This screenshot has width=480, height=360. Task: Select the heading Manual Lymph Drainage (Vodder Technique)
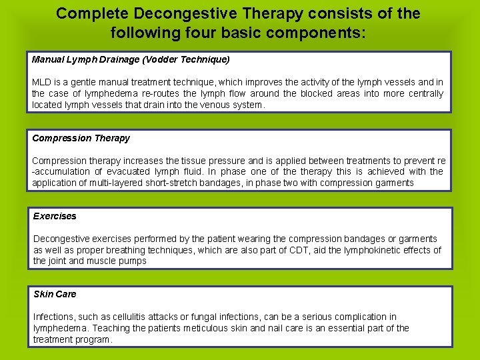(131, 59)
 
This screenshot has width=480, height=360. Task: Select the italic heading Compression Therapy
(81, 138)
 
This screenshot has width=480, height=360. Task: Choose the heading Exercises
(55, 216)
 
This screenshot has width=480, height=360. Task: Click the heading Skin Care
(55, 294)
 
